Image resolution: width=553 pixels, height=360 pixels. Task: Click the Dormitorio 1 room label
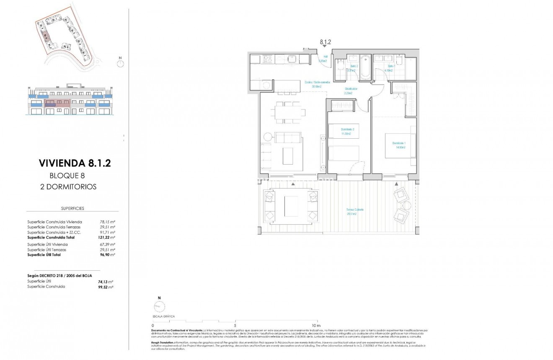tap(398, 145)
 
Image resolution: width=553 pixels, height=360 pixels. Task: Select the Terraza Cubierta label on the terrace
tap(354, 212)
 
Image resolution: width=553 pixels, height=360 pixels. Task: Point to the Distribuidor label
tap(351, 91)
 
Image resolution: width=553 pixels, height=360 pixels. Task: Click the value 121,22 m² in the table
tap(106, 238)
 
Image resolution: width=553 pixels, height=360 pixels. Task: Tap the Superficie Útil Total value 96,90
tap(106, 255)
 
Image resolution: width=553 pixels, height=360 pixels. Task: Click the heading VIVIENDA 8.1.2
tap(75, 163)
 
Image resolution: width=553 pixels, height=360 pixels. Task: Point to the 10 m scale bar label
tap(316, 326)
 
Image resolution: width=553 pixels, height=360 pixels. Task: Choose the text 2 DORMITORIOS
tap(73, 187)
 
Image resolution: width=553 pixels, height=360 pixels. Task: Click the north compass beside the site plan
tap(121, 63)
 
